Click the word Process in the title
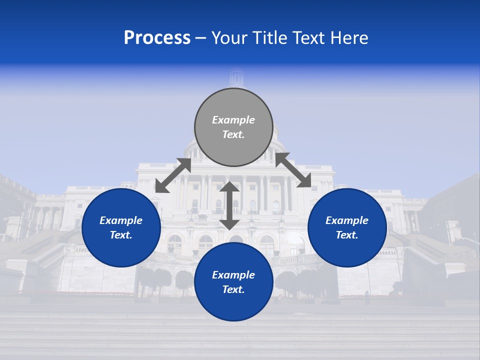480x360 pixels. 157,38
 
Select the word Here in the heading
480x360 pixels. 349,38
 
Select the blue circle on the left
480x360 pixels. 121,227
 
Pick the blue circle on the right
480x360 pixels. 347,227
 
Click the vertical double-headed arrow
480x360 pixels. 229,205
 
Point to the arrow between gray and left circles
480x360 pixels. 173,175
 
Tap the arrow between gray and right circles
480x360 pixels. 293,170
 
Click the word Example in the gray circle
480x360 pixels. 233,120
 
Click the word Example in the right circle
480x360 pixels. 347,220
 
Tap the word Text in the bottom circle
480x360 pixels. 232,289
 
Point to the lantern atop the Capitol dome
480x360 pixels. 236,78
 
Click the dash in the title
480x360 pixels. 201,38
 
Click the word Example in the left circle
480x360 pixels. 121,220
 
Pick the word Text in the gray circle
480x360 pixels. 232,134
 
